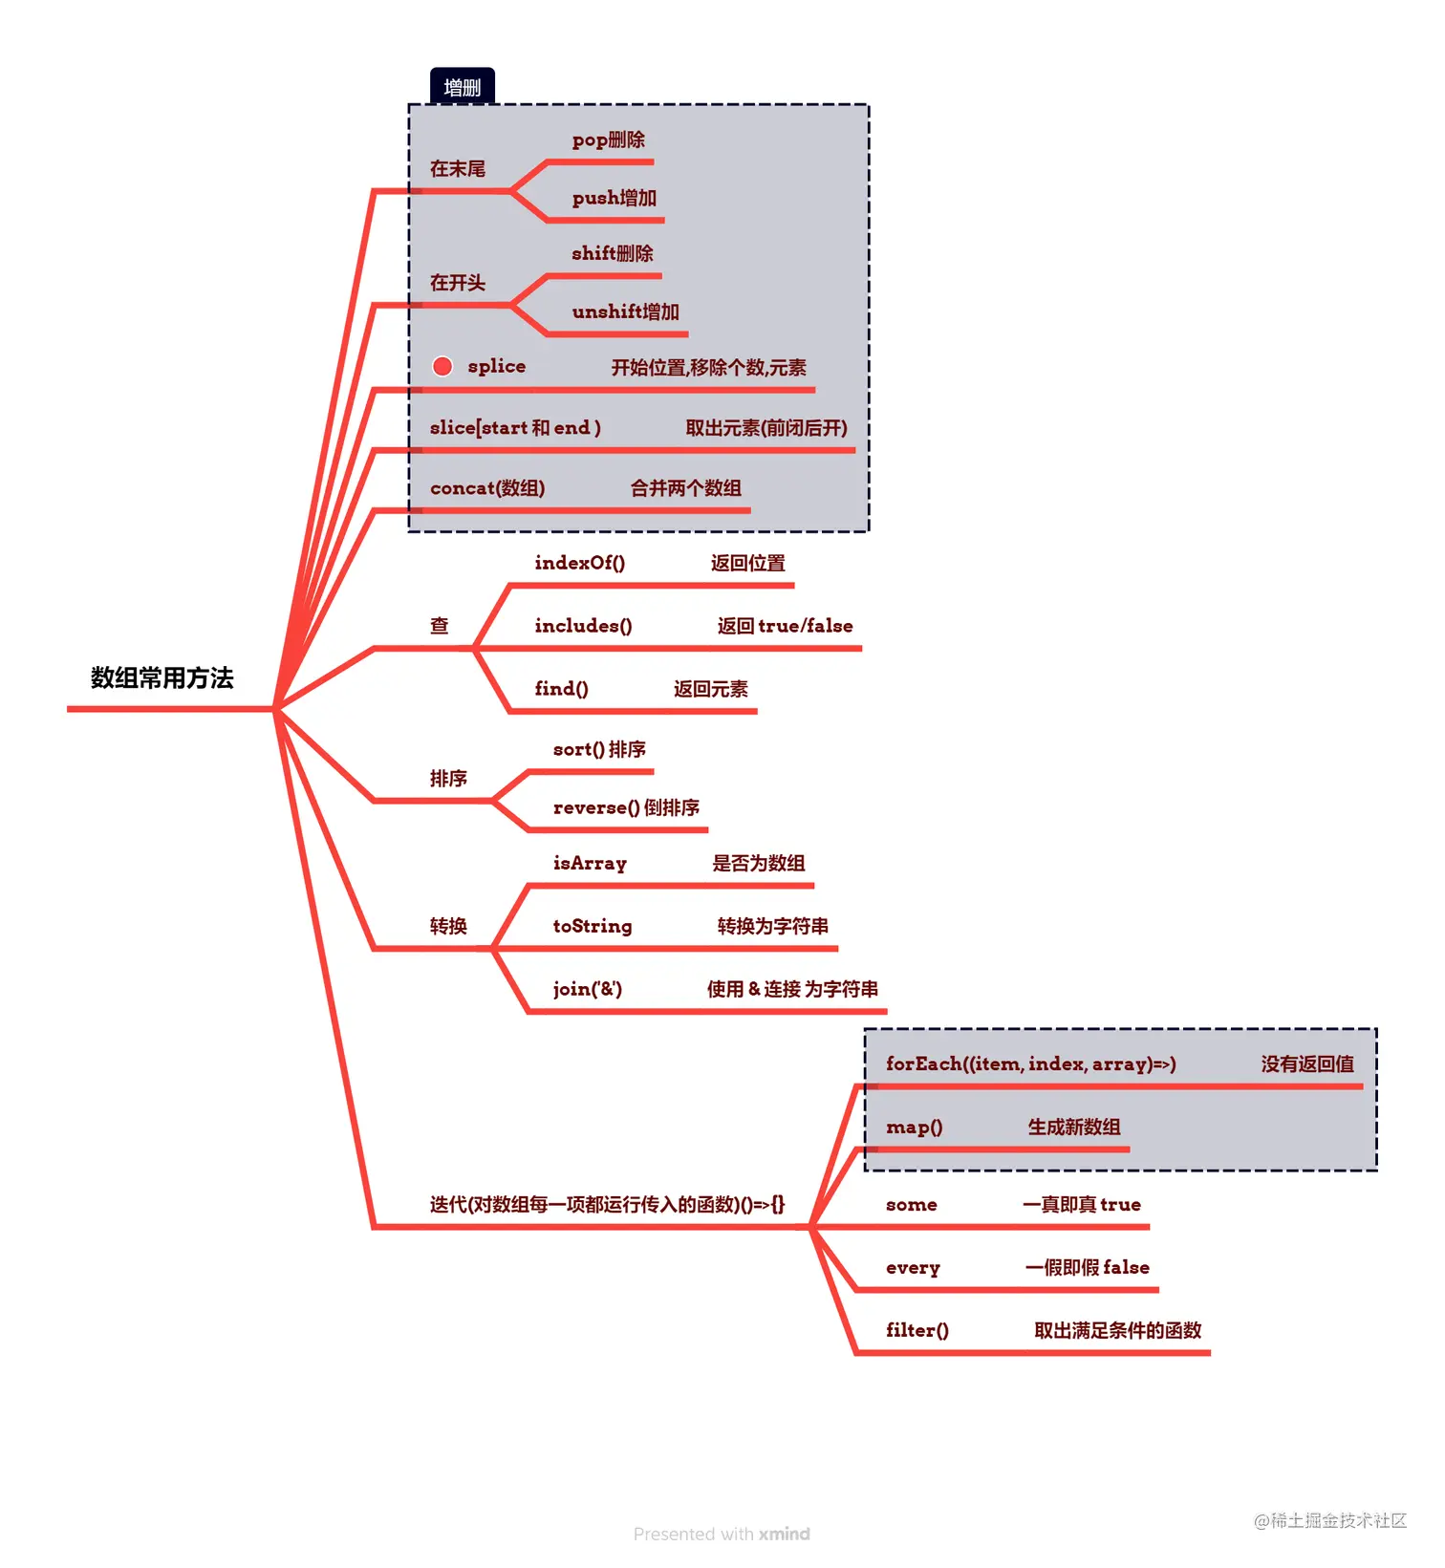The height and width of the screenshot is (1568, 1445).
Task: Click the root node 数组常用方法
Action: [x=162, y=677]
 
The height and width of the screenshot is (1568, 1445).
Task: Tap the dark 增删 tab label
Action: [x=462, y=87]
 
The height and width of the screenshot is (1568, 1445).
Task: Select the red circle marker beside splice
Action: [x=442, y=366]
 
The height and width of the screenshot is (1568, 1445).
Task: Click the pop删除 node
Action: [x=608, y=140]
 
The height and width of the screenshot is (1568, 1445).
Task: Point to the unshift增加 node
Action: [x=625, y=311]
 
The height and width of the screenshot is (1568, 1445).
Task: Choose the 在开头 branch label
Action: [x=457, y=283]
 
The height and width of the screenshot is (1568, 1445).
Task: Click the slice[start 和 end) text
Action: [x=515, y=427]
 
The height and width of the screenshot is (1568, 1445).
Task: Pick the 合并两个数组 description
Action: [x=685, y=488]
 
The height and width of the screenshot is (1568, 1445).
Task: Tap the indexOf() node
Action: [x=579, y=563]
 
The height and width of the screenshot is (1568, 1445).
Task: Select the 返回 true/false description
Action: [x=785, y=626]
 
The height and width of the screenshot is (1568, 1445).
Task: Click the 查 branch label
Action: [x=439, y=626]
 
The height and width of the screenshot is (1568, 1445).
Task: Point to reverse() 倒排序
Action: [x=626, y=807]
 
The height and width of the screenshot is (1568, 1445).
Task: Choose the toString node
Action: [x=592, y=926]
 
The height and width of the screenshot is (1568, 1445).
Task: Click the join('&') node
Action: [x=587, y=989]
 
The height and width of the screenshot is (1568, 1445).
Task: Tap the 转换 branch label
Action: [x=447, y=926]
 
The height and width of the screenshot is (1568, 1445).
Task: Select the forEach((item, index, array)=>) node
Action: [x=1030, y=1063]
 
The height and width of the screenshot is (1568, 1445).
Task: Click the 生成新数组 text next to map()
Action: [x=1073, y=1127]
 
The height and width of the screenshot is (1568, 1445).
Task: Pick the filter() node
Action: [x=917, y=1330]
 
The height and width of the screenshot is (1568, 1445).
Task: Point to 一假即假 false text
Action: [x=1087, y=1267]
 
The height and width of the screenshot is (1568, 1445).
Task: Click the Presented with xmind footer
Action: [x=722, y=1534]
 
